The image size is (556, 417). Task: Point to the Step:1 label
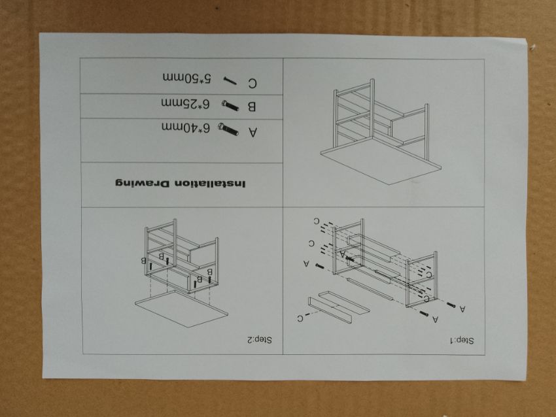click(462, 341)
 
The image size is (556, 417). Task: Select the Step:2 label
click(260, 340)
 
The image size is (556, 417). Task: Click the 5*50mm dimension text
click(187, 78)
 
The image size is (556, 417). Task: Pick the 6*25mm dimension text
click(186, 103)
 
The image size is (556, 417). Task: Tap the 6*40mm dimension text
click(186, 127)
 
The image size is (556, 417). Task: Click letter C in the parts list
click(252, 84)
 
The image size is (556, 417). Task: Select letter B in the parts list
click(251, 107)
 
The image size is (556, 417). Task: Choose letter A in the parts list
click(252, 132)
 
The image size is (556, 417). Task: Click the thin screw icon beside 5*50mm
click(230, 81)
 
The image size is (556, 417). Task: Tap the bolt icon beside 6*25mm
click(230, 106)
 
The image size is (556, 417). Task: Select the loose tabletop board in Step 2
click(182, 309)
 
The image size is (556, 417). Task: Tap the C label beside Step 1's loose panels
click(300, 318)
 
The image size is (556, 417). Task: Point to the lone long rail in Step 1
click(370, 289)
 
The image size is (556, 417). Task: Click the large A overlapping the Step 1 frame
click(342, 254)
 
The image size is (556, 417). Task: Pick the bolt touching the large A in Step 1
click(350, 259)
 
